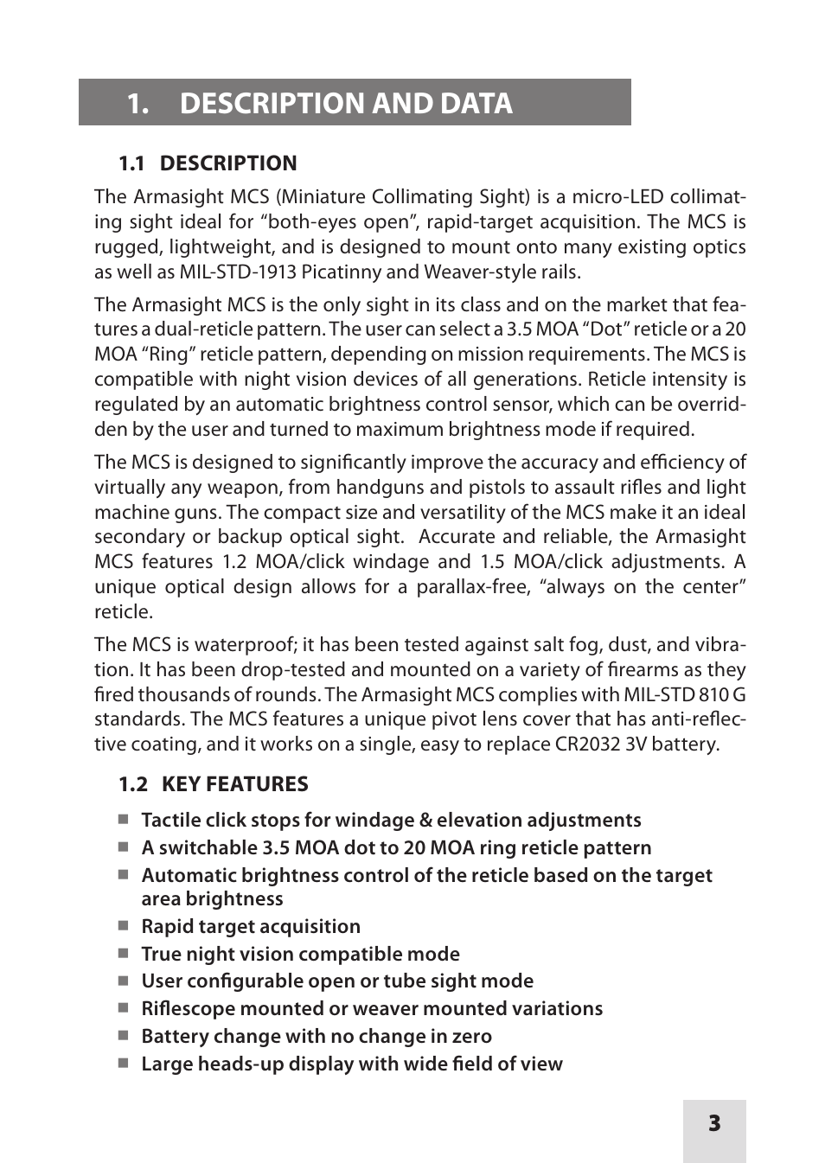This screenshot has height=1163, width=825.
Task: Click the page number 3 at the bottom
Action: point(713,1123)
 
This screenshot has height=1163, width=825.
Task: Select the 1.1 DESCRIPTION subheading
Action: point(208,163)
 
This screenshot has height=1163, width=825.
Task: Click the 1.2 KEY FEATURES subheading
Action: point(213,784)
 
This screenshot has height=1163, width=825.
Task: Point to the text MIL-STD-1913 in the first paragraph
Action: point(238,272)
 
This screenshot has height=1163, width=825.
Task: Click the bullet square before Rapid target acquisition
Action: point(124,926)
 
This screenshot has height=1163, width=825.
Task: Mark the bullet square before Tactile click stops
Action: point(124,819)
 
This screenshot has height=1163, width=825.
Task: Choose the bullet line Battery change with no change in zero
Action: point(317,1036)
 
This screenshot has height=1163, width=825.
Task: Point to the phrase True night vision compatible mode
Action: point(300,954)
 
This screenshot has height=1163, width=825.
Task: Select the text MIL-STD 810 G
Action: point(683,695)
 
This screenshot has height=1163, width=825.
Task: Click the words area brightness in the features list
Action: point(212,899)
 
